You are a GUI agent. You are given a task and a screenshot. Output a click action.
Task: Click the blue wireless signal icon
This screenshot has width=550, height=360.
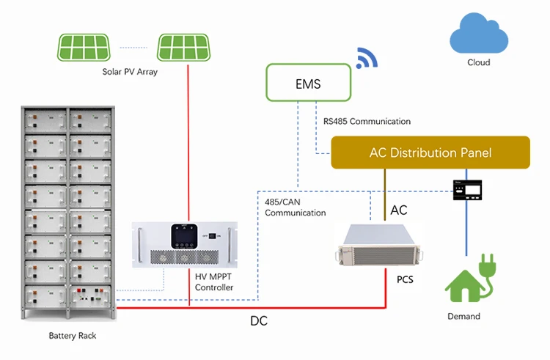(x=366, y=58)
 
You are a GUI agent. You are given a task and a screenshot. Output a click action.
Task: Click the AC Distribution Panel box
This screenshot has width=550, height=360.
(x=430, y=153)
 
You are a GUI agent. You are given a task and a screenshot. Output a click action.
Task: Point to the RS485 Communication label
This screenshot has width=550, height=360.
(x=367, y=121)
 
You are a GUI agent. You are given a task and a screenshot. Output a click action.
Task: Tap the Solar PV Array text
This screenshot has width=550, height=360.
(x=130, y=72)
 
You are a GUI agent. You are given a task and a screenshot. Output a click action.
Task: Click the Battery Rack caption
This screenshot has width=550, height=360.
(x=72, y=336)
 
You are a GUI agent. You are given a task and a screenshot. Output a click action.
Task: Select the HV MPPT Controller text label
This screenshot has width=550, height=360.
(x=214, y=282)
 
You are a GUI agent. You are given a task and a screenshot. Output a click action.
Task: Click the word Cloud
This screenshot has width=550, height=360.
(x=478, y=63)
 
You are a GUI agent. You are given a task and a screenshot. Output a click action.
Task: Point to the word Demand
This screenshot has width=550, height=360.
(x=463, y=316)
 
